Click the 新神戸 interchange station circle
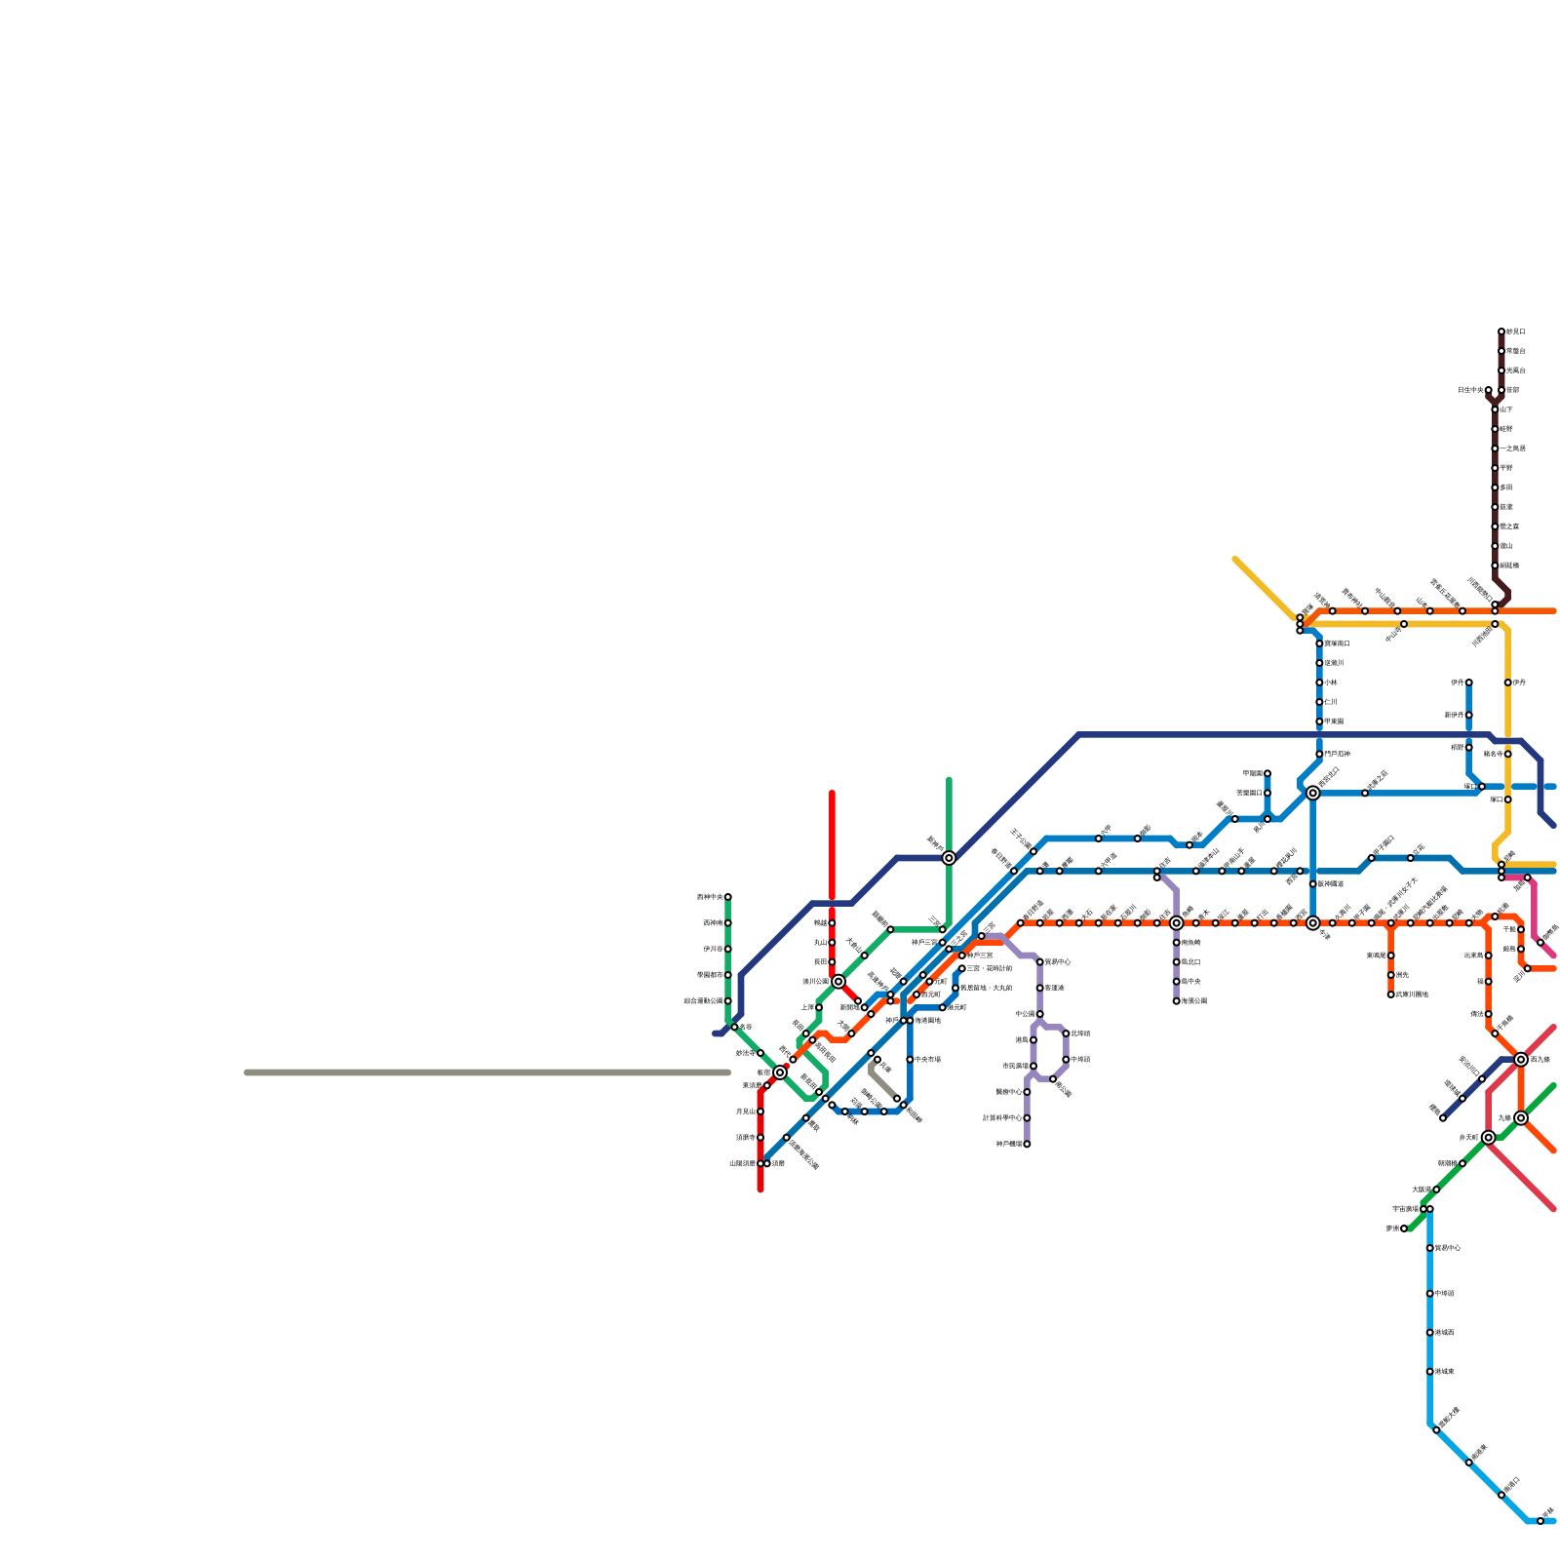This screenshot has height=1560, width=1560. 949,858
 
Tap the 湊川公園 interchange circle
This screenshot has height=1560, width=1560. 838,981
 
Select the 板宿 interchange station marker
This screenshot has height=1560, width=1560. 780,1072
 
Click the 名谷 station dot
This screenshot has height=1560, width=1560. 734,1027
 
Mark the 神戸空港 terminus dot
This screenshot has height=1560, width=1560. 1027,1144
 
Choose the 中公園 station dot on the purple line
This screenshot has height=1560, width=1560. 1040,1014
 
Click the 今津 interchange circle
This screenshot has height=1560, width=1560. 1313,922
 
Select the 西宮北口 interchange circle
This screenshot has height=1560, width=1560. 1313,793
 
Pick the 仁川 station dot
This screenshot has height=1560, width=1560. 1319,702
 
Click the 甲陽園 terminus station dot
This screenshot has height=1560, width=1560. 1267,773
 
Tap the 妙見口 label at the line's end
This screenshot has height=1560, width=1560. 1516,331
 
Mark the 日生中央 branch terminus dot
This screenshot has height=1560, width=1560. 1489,390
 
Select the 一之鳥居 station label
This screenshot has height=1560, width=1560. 1513,448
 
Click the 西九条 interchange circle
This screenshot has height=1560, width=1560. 1521,1059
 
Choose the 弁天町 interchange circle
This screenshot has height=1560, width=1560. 1489,1137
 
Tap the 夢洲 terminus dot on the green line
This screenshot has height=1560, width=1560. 1404,1228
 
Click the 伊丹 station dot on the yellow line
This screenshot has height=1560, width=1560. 1507,682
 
